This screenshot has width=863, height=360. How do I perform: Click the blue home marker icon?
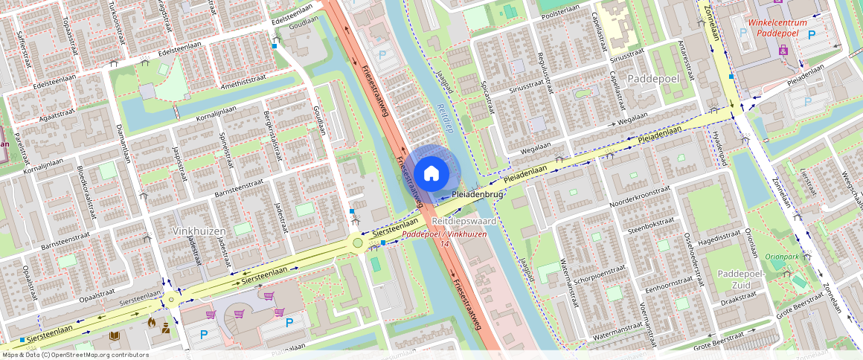[431, 173]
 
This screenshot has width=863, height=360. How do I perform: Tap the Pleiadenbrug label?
[478, 194]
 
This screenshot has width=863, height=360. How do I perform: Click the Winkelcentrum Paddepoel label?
[777, 28]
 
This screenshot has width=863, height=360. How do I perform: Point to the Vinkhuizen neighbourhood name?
[199, 231]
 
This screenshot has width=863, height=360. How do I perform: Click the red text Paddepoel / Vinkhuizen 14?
[444, 239]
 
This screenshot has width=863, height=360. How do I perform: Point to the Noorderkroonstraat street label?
[635, 202]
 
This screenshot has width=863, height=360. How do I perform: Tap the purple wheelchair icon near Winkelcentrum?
[783, 50]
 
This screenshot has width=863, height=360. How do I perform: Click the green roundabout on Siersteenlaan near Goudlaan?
[358, 243]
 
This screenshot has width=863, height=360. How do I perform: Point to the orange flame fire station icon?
[152, 323]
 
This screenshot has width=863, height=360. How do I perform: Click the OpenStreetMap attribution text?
[74, 355]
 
